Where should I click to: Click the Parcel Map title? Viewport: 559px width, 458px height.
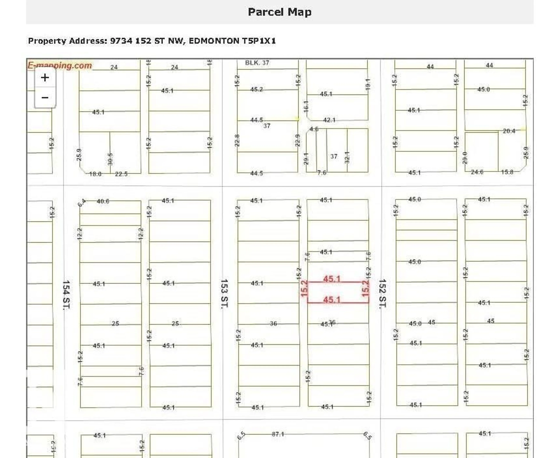coord(279,12)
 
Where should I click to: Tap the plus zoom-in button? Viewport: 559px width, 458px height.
coord(45,78)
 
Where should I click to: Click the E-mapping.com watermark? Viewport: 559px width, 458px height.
coord(60,65)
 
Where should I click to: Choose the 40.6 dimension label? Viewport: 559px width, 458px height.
coord(103,201)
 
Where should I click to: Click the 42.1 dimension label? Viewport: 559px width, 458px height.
coord(329,120)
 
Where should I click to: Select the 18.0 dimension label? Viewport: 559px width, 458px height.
coord(95,174)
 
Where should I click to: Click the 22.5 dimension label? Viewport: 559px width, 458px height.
coord(121,174)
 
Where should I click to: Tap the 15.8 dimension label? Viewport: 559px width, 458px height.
coord(507,172)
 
